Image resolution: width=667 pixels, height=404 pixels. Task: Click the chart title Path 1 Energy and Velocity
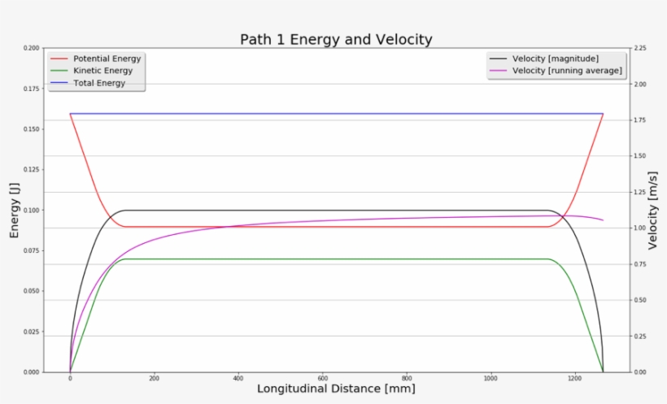click(x=336, y=39)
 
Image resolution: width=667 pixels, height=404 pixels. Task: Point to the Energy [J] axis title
click(x=14, y=210)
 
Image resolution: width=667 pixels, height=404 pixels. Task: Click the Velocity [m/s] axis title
click(x=652, y=210)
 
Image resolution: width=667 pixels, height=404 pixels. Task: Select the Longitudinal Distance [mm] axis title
click(x=336, y=389)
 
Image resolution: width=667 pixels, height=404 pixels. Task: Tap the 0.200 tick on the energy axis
click(x=32, y=48)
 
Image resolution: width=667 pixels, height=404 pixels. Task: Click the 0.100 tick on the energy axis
click(x=32, y=211)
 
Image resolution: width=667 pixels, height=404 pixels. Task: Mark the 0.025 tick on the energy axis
click(x=32, y=332)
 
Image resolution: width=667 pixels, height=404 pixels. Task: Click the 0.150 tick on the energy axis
click(x=32, y=129)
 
